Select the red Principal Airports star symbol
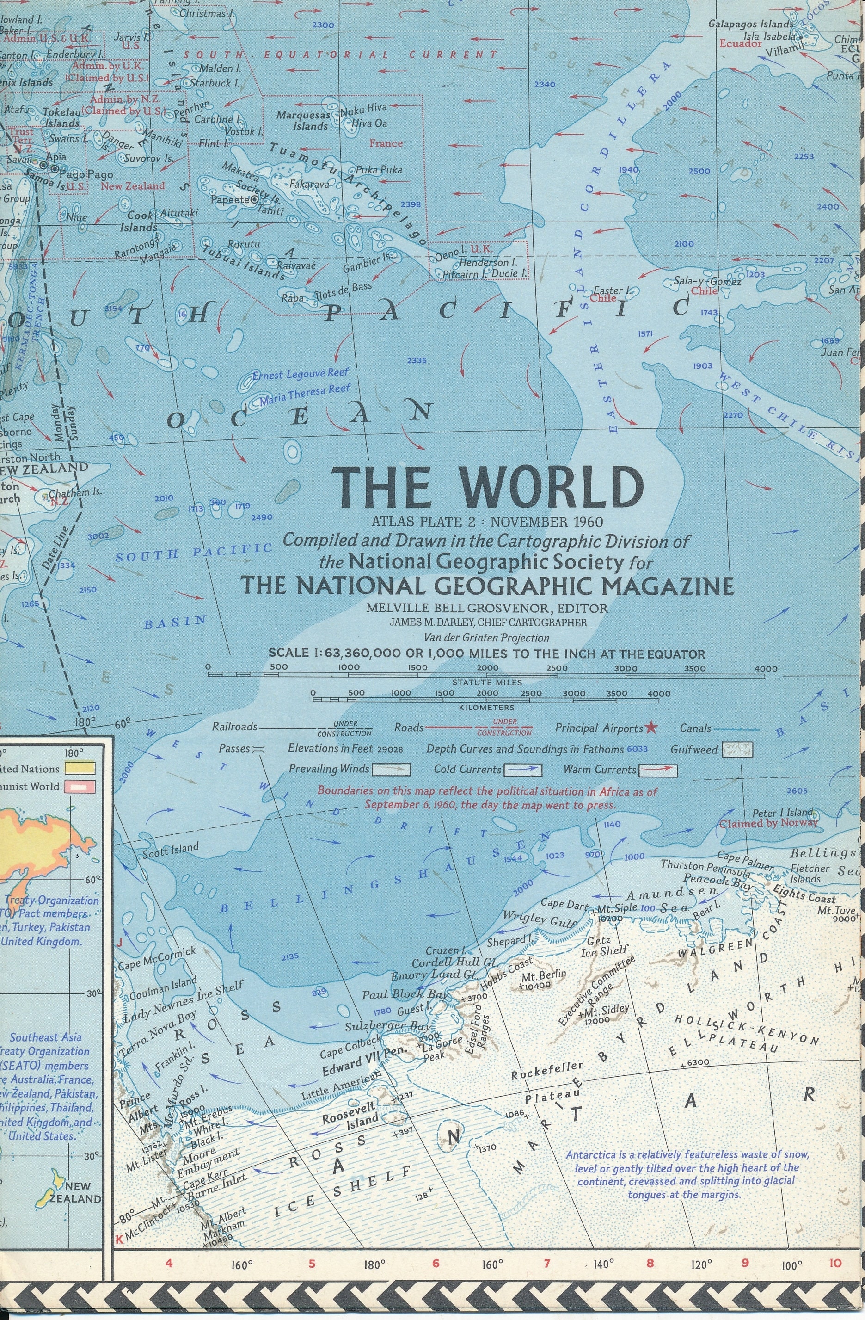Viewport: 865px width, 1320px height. [651, 728]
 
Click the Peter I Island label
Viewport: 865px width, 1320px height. [781, 813]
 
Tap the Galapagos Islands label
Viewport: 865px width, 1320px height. [751, 24]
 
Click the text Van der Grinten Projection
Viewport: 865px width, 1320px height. [486, 638]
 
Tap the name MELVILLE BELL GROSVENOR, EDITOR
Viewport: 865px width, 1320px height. [487, 608]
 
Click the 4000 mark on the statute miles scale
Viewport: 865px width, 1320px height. [767, 668]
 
